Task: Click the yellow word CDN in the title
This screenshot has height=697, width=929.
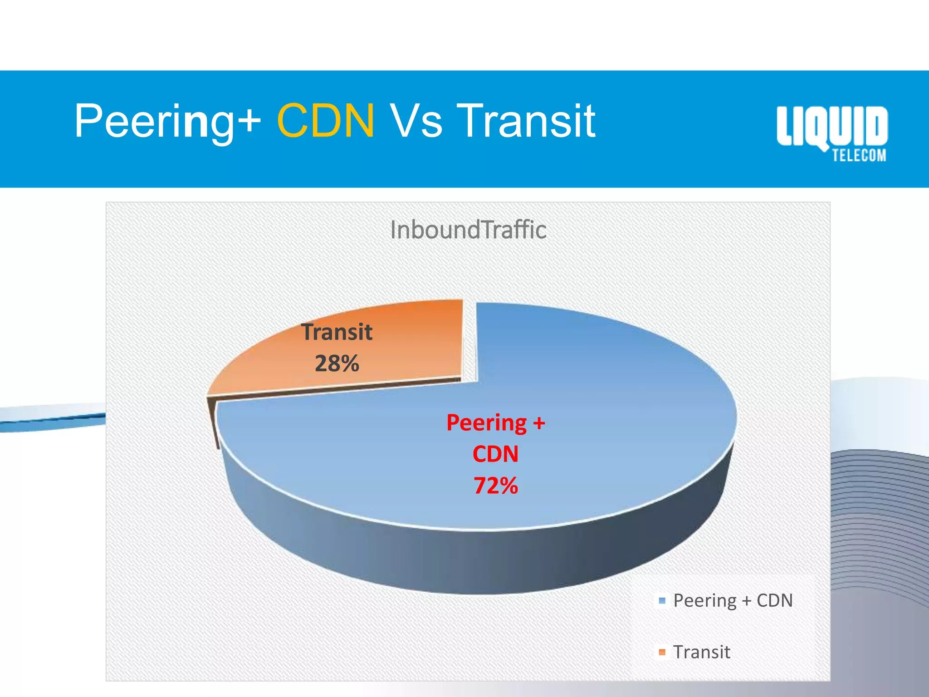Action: click(x=326, y=121)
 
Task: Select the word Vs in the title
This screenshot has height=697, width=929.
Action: click(x=416, y=121)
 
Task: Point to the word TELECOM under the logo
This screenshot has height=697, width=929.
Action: click(x=859, y=156)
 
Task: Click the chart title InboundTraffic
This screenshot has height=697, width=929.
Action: click(x=468, y=230)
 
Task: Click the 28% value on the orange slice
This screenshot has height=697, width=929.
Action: click(x=337, y=363)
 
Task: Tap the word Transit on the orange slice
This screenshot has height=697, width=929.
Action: click(x=337, y=332)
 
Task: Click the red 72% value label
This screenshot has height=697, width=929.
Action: click(x=495, y=486)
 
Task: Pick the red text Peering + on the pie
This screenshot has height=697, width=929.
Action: click(x=495, y=423)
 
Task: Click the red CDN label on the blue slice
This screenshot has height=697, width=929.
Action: click(x=495, y=454)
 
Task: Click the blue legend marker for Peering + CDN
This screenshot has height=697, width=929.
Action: click(x=662, y=601)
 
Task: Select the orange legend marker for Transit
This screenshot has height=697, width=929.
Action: click(x=662, y=652)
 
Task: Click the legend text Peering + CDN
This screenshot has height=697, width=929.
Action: click(x=733, y=601)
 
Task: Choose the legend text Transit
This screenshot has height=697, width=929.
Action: click(x=701, y=652)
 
